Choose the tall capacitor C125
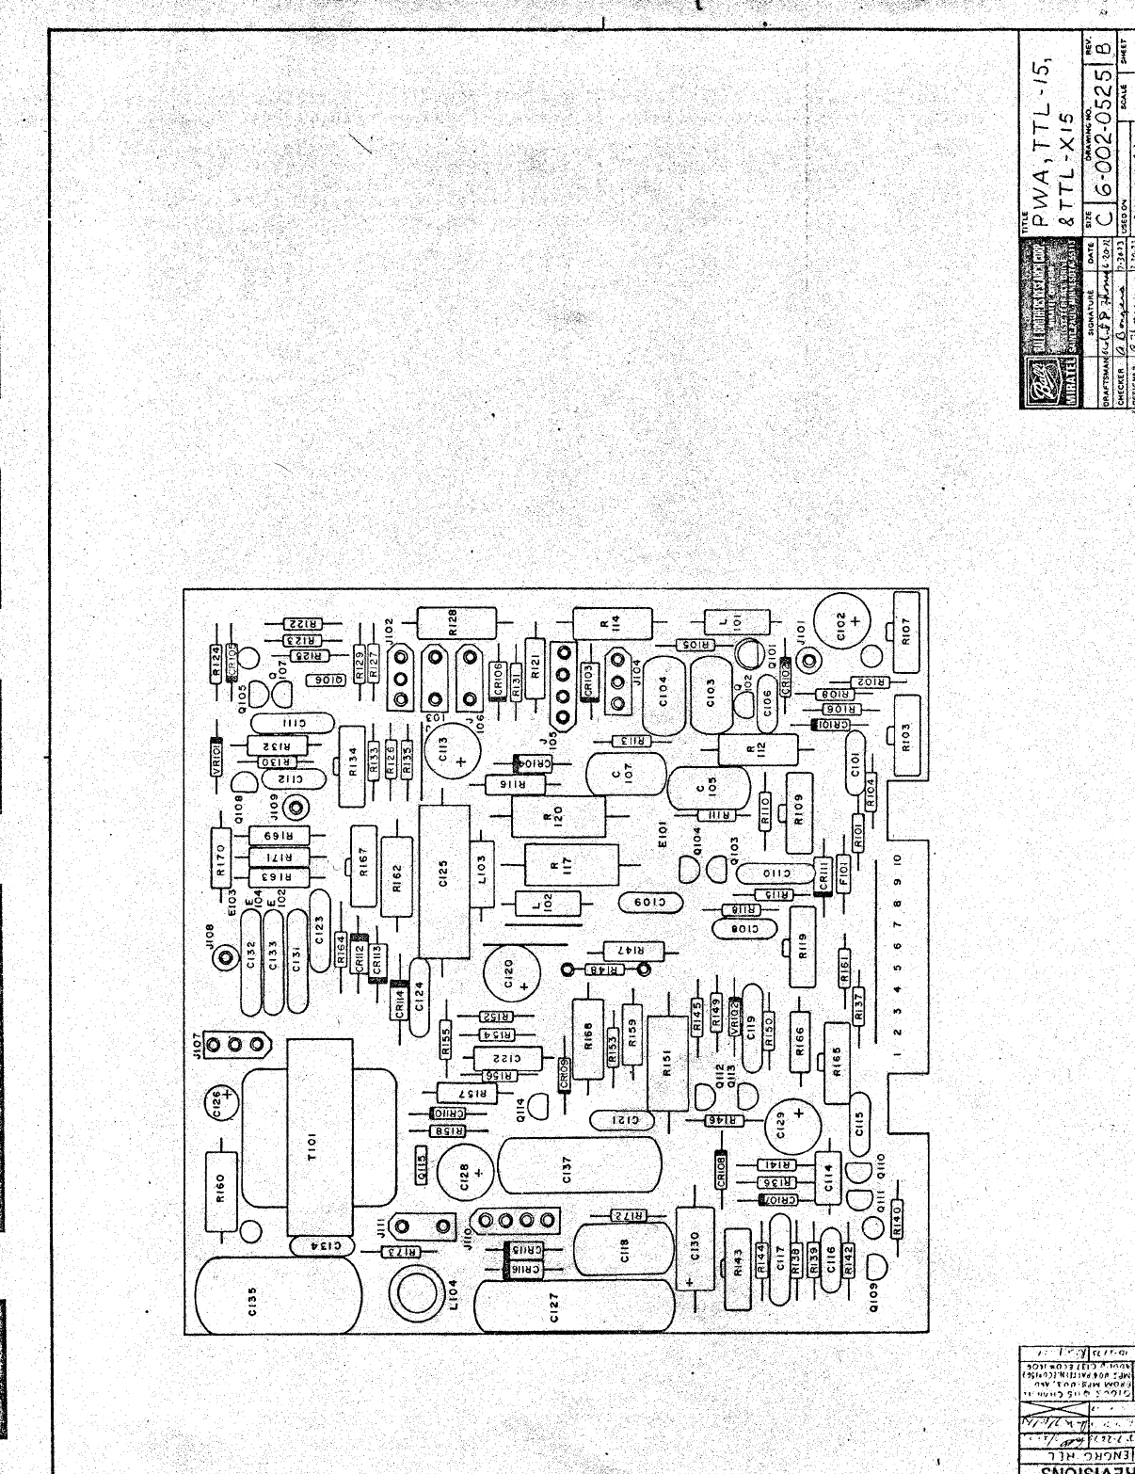click(444, 881)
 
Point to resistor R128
click(455, 622)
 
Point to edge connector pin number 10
click(898, 859)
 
